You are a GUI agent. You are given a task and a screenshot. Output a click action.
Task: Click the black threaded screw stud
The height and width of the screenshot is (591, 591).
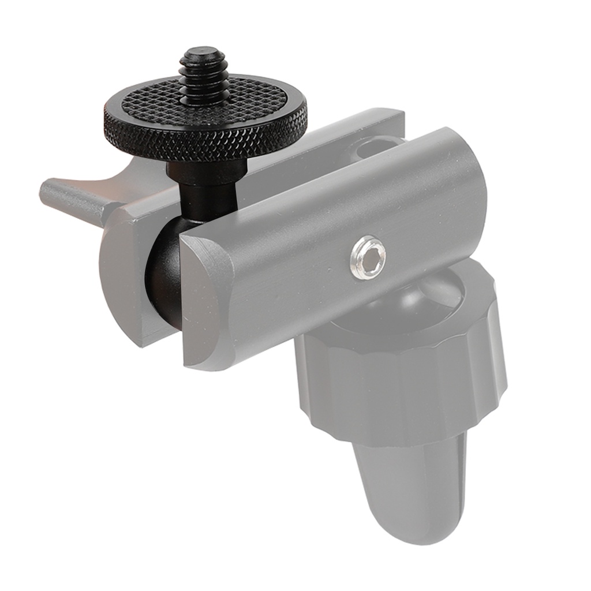click(203, 81)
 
